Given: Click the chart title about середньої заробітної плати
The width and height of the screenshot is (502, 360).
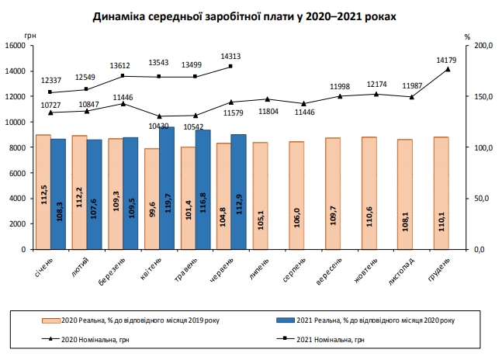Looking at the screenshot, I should [x=251, y=15].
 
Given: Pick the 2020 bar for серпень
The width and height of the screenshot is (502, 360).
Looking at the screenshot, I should [x=296, y=196].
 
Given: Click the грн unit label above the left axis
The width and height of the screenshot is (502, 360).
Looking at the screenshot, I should [x=30, y=36].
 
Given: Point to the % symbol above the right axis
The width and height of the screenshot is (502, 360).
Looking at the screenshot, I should [x=468, y=36].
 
